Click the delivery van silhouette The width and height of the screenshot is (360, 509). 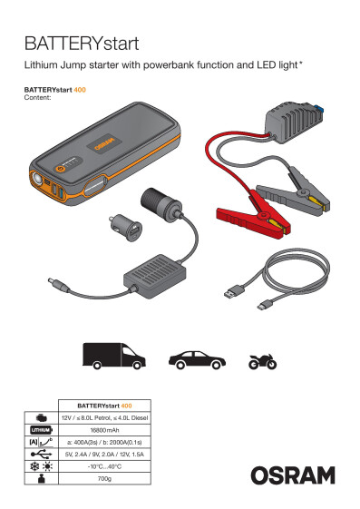[112, 357]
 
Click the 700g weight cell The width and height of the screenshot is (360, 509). [104, 475]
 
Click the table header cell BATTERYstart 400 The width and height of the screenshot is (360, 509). [104, 406]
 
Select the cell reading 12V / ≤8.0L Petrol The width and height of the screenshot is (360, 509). [104, 417]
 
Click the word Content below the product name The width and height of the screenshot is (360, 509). [36, 96]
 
